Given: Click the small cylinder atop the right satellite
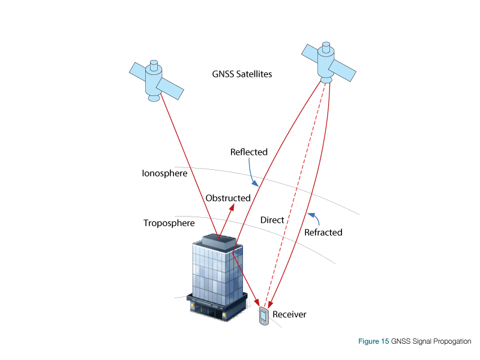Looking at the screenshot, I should tap(326, 46).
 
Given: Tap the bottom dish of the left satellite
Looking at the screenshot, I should tap(154, 97).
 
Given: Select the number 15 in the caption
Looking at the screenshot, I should tap(385, 341).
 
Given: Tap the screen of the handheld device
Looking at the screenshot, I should tap(263, 315).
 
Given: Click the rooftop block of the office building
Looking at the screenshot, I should tap(218, 242).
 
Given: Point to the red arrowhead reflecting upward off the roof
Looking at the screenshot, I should tap(232, 207).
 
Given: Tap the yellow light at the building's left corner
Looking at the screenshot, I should tap(193, 305).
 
